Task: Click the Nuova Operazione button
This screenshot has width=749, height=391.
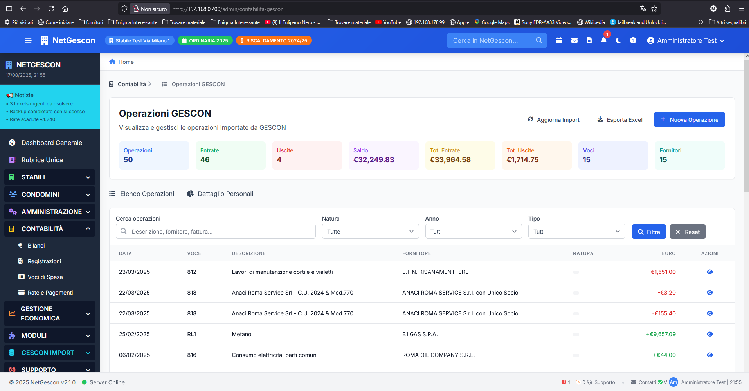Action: pos(689,119)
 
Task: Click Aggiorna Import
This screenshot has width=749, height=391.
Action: pos(553,119)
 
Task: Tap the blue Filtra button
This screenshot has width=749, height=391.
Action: pos(648,232)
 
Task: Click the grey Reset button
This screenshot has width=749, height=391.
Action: pos(688,232)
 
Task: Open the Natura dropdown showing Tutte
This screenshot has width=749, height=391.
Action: pos(370,231)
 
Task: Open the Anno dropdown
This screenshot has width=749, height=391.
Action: pos(474,231)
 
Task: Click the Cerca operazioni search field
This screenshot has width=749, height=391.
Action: pos(216,231)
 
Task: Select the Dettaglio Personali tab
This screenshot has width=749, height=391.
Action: pos(220,194)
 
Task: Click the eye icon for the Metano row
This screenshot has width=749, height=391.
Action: pos(710,334)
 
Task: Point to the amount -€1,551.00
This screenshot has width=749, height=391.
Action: pos(662,272)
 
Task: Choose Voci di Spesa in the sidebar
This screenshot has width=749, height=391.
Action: pos(45,277)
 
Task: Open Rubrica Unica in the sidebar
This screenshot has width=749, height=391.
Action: pos(42,160)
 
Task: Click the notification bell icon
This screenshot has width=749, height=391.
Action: pos(604,40)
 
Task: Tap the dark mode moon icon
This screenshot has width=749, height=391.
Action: pos(618,40)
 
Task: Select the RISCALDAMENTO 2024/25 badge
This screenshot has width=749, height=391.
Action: pos(274,40)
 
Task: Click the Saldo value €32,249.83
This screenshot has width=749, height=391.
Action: pos(373,160)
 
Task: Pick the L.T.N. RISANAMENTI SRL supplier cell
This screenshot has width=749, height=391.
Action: pos(435,272)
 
